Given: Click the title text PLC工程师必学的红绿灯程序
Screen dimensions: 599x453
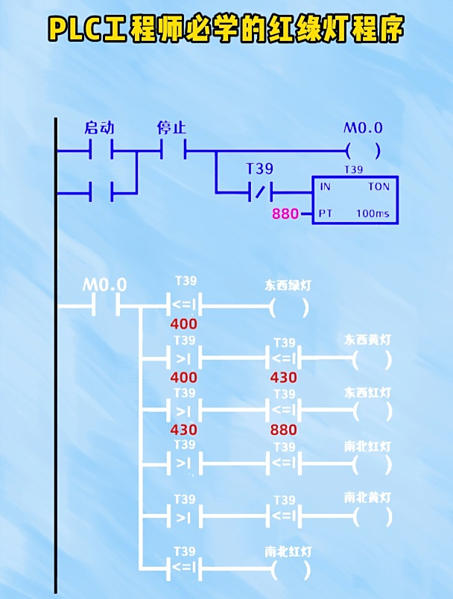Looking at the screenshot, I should point(226,30).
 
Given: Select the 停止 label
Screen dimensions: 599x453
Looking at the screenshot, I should point(171,127).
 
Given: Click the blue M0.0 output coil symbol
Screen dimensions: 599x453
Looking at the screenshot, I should point(363,151).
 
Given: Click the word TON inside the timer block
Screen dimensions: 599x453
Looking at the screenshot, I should point(378,187).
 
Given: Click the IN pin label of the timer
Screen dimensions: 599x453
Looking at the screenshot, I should point(325,187).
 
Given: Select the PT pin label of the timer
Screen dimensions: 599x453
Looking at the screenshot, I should point(325,214).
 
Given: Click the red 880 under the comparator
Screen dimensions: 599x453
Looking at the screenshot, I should point(283,430).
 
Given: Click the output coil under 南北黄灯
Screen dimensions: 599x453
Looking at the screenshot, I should point(372,516).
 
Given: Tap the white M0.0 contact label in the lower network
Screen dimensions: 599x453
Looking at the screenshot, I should point(104,285).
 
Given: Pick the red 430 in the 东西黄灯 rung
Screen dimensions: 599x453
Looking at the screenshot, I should point(283,377).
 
